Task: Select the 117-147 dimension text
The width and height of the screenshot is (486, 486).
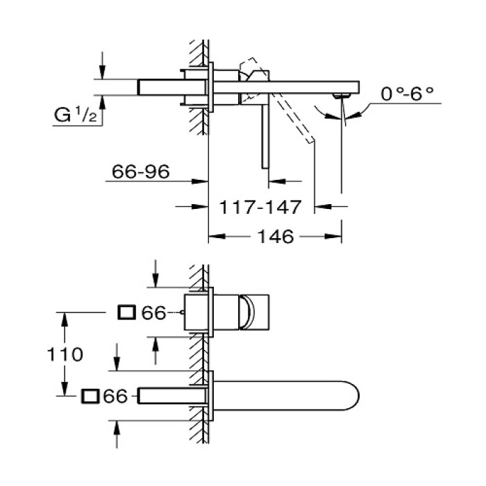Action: (260, 206)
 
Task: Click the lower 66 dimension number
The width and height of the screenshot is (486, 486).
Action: (115, 396)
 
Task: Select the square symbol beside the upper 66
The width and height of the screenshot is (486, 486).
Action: (127, 313)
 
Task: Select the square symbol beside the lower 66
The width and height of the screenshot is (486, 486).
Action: (90, 396)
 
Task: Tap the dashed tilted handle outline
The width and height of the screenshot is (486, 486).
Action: (295, 118)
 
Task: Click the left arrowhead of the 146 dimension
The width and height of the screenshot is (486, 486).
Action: (212, 236)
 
